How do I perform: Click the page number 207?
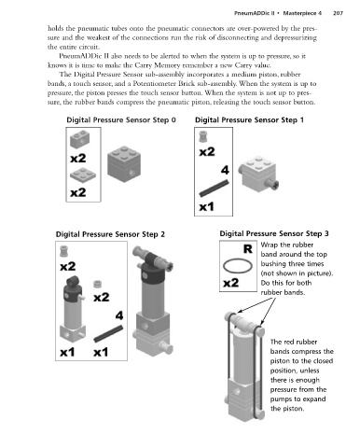(x=338, y=13)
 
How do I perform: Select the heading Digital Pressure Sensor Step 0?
(x=121, y=120)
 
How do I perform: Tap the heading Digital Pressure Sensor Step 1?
(x=249, y=120)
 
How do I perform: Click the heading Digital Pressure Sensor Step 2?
(x=110, y=234)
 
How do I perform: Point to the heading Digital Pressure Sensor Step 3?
(x=274, y=233)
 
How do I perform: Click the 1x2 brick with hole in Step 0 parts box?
(x=80, y=139)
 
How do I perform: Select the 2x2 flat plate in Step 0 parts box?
(x=83, y=175)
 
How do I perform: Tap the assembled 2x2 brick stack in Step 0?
(x=124, y=163)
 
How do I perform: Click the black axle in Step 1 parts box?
(x=215, y=189)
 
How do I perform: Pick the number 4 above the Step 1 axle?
(x=225, y=170)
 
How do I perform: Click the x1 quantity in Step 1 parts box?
(x=206, y=206)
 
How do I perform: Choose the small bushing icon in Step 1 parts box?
(x=202, y=136)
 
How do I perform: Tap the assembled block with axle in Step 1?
(x=258, y=175)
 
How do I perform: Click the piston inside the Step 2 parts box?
(x=73, y=309)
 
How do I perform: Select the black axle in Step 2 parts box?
(x=108, y=333)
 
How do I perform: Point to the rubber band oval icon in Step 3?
(x=238, y=266)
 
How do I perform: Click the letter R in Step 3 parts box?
(x=248, y=249)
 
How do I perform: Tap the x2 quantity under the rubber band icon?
(x=231, y=283)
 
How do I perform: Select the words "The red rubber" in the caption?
(x=294, y=342)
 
